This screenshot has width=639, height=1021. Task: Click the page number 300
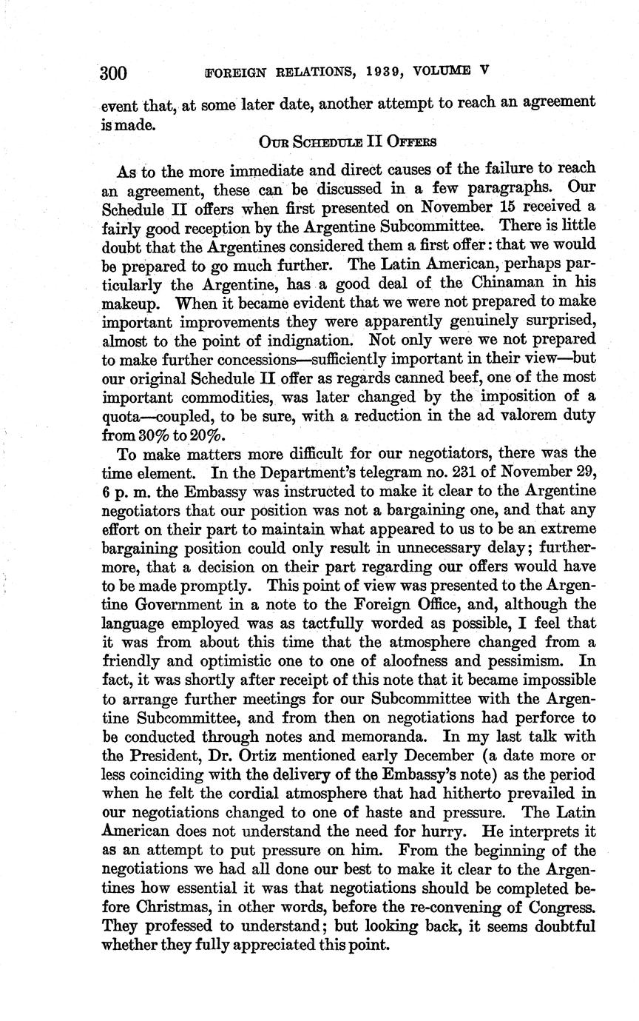114,73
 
